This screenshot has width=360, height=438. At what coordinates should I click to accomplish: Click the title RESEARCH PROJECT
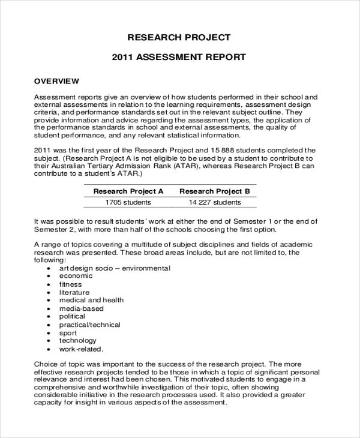pos(179,37)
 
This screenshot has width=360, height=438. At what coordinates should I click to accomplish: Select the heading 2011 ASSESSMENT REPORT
pos(179,58)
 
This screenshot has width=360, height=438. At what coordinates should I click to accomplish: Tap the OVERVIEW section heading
pos(56,80)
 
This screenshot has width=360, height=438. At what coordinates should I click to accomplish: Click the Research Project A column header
pos(128,191)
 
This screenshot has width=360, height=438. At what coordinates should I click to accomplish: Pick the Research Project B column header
pos(214,191)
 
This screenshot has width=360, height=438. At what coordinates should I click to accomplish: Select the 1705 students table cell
pos(128,203)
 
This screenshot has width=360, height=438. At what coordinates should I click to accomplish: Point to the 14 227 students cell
pos(214,203)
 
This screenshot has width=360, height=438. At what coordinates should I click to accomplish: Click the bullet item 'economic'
pos(76,276)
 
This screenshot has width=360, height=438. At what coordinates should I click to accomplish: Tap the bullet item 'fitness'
pos(70,284)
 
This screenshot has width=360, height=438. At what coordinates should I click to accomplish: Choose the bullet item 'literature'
pos(74,292)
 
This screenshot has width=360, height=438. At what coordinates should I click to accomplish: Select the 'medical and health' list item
pos(91,300)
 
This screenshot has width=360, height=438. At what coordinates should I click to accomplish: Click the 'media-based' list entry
pos(81,308)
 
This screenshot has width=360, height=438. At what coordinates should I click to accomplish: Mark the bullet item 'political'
pos(72,316)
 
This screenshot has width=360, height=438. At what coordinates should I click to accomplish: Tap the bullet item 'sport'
pos(68,332)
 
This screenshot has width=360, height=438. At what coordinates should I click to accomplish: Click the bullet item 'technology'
pos(77,341)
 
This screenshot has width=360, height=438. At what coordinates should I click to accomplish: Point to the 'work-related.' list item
pos(80,349)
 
